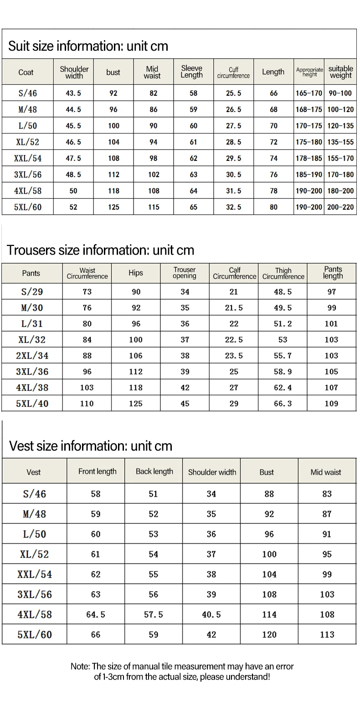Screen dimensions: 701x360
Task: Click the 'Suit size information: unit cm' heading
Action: [88, 46]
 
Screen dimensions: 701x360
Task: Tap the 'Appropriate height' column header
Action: [309, 72]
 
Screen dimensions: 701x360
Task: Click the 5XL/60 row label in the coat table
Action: [28, 207]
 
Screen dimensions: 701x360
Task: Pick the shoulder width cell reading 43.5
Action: [73, 93]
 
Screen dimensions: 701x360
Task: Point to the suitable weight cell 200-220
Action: [341, 207]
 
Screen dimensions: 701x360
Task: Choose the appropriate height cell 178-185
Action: [309, 159]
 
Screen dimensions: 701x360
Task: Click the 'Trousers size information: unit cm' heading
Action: [101, 250]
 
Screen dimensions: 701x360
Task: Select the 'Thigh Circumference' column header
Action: [283, 273]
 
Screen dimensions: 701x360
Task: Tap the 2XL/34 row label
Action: [32, 356]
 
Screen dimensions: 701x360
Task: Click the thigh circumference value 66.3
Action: [283, 404]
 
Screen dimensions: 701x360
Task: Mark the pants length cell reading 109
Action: [331, 404]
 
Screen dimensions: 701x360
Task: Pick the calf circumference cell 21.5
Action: [234, 308]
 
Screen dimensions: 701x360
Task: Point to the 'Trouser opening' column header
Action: [185, 273]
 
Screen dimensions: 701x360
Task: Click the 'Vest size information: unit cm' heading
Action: [91, 445]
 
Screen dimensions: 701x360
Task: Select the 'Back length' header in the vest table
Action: [154, 471]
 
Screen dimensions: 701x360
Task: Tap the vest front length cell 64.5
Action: [96, 614]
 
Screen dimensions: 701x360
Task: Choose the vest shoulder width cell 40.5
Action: [211, 614]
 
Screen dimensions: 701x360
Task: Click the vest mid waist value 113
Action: [327, 634]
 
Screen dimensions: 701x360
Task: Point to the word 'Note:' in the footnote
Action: [81, 666]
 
